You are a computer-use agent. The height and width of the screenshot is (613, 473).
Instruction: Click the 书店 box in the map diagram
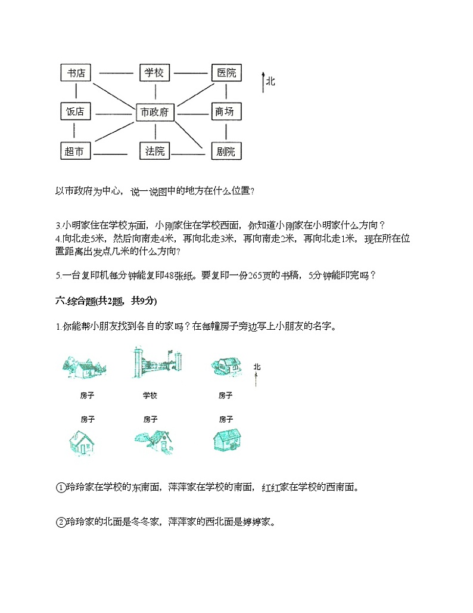[76, 73]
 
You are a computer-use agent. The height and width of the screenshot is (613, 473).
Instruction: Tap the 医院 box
[226, 73]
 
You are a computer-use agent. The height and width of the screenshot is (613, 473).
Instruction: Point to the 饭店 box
[76, 112]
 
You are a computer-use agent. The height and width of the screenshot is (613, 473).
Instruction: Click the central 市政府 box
[154, 112]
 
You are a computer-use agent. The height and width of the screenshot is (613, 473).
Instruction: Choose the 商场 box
[225, 112]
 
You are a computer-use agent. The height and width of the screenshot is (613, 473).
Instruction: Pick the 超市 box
[76, 151]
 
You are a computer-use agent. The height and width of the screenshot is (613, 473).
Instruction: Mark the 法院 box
[154, 151]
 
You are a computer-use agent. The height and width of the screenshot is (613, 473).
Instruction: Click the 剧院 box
[226, 151]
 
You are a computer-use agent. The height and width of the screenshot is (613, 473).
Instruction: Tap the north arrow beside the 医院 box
[263, 82]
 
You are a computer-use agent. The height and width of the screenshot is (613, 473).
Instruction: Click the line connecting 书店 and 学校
[116, 73]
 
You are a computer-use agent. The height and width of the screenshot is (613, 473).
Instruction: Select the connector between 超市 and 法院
[110, 152]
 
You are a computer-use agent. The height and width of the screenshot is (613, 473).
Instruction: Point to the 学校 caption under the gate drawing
[150, 395]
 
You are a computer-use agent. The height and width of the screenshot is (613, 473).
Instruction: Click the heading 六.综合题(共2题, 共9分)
[105, 301]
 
